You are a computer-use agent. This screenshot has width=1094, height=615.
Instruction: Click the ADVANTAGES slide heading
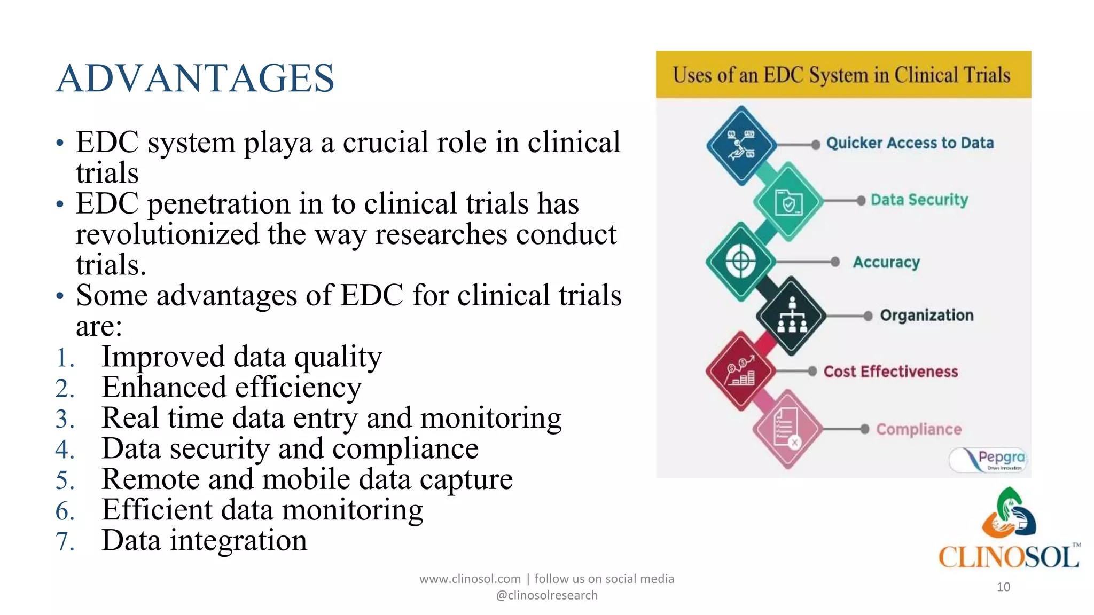(195, 78)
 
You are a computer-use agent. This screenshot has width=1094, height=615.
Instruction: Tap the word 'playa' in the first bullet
(278, 143)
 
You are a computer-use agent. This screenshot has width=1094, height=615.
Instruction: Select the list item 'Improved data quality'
(241, 357)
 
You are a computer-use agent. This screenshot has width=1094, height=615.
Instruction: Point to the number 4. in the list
(65, 449)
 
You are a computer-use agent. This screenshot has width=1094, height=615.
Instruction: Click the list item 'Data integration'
(204, 540)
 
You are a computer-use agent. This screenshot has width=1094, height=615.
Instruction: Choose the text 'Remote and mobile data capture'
(307, 479)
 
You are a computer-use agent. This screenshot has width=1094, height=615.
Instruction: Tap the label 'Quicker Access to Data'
(910, 143)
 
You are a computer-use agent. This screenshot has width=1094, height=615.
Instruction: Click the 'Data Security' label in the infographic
(919, 200)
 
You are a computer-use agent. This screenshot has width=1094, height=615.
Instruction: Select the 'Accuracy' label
(886, 262)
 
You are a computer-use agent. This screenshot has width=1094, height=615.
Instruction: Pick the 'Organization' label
(926, 316)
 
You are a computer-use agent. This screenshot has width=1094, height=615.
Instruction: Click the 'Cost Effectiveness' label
(890, 372)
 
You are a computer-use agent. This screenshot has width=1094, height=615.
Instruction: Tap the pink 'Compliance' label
(918, 429)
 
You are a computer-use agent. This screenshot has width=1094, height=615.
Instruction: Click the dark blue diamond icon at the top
(741, 145)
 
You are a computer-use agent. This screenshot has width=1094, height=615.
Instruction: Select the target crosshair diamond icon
(740, 262)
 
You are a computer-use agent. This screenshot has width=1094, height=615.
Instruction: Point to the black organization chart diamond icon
(791, 316)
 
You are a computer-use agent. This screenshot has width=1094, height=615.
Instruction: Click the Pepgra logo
(988, 460)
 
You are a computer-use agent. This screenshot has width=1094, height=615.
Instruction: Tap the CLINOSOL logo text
(1009, 557)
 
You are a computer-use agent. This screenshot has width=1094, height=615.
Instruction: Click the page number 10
(1003, 587)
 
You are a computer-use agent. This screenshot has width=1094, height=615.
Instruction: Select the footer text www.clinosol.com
(470, 579)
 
